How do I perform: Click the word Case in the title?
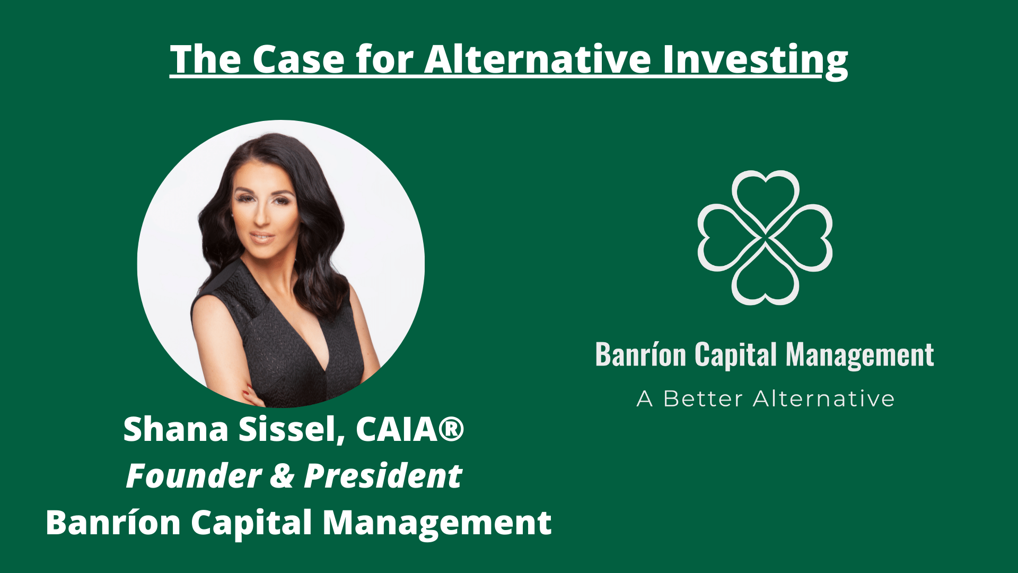(298, 59)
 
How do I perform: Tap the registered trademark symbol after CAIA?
(452, 429)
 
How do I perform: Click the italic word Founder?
(194, 476)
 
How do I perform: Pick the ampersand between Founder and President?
(283, 476)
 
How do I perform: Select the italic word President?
(383, 476)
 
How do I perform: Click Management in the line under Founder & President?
(437, 523)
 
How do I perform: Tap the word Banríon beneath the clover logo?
(640, 354)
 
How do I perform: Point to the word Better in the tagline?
(703, 399)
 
